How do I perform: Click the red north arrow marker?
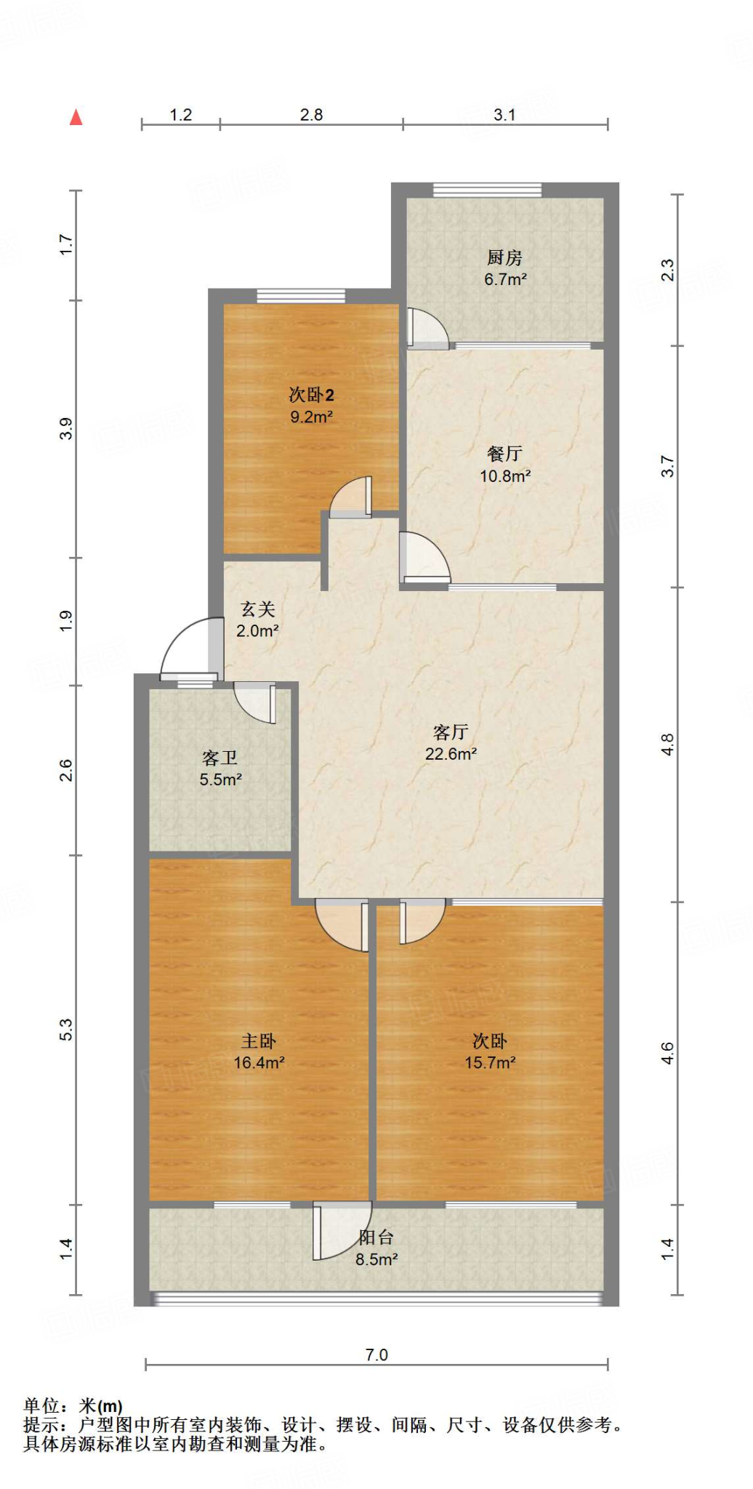76,117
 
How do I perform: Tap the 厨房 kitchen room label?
504,257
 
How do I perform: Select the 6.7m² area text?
505,279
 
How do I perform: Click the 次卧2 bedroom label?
311,395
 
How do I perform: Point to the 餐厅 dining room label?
504,454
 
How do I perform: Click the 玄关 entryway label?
258,609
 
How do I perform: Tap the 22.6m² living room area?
451,754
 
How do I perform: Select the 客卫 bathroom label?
220,758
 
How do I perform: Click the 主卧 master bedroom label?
259,1041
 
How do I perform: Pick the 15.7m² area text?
490,1062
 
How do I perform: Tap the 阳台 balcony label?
376,1237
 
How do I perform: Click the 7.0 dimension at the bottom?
376,1354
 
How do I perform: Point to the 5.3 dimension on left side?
66,1030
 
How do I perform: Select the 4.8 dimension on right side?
667,744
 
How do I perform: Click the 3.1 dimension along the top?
504,115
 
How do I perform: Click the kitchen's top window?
487,190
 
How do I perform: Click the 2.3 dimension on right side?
667,270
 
